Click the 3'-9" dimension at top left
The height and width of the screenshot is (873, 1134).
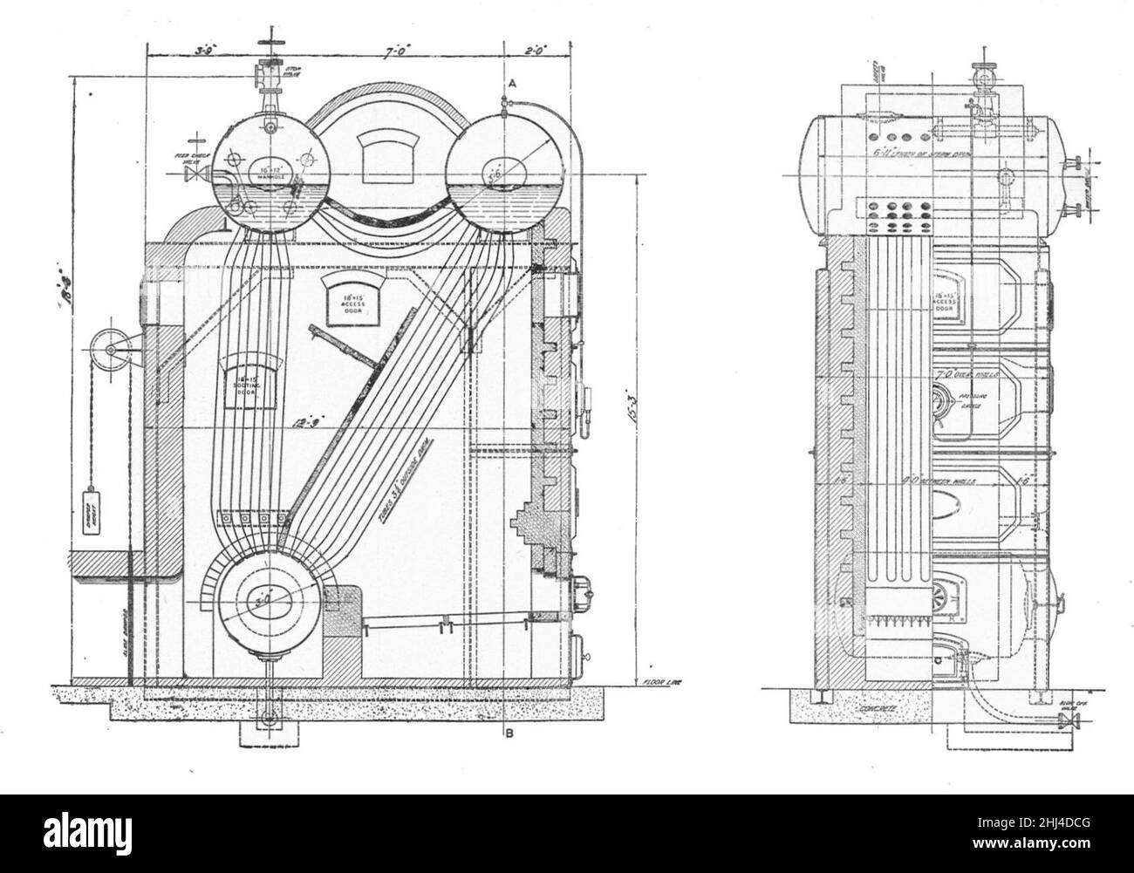tap(206, 51)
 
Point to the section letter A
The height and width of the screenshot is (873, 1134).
tap(513, 82)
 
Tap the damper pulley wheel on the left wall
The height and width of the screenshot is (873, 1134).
tap(112, 351)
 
